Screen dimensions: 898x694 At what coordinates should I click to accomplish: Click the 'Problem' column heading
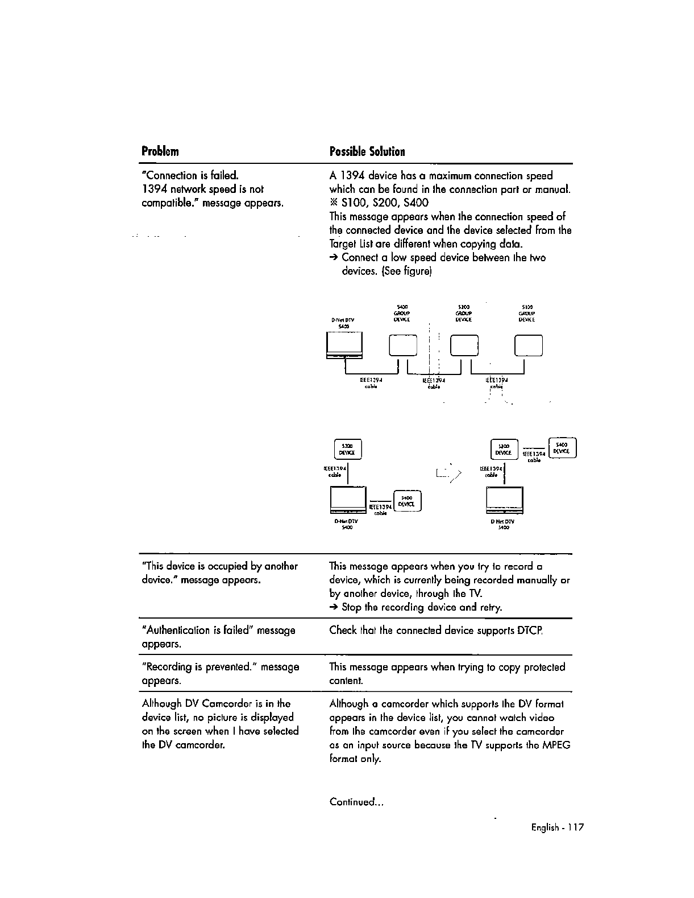point(160,151)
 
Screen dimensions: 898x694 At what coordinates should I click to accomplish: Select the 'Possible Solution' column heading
point(367,151)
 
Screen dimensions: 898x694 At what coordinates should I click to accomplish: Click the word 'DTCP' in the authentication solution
point(530,631)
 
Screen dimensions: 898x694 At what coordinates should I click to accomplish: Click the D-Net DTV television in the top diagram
point(344,346)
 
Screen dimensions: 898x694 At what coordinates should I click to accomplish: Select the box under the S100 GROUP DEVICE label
point(528,345)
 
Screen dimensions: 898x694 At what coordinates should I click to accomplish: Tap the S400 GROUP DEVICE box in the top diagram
point(403,345)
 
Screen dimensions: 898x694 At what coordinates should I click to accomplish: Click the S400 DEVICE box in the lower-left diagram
point(406,501)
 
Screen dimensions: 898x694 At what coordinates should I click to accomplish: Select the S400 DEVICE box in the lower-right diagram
point(562,447)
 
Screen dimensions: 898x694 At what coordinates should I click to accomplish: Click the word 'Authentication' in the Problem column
point(178,631)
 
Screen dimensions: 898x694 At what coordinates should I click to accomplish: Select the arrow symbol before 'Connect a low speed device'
point(334,258)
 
